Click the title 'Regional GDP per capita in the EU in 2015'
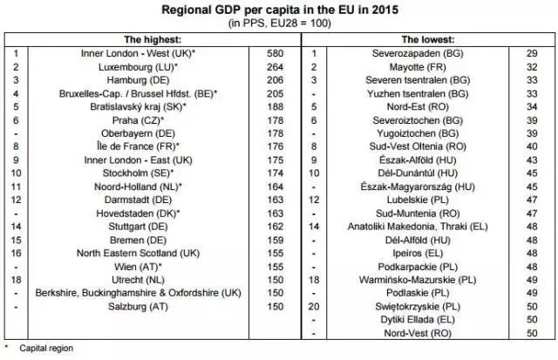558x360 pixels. pyautogui.click(x=279, y=10)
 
